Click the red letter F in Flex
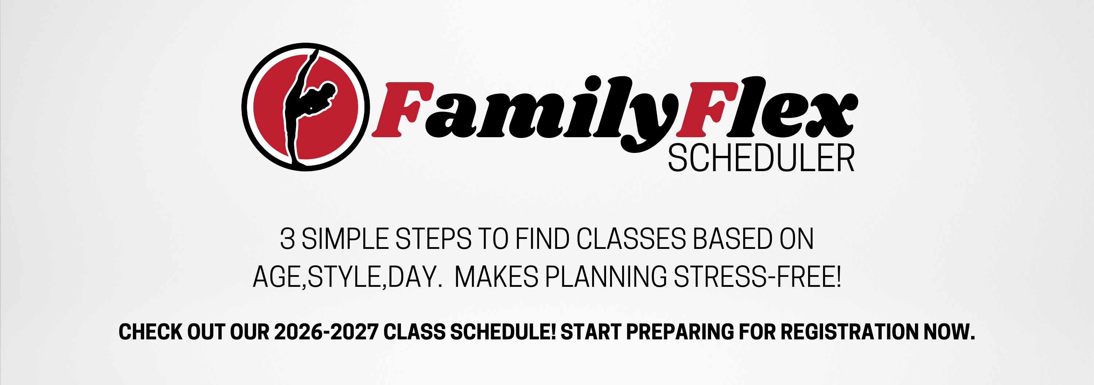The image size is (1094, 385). click(x=707, y=109)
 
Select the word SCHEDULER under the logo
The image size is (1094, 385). click(x=761, y=158)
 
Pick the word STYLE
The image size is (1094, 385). click(x=344, y=277)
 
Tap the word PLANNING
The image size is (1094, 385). click(x=606, y=277)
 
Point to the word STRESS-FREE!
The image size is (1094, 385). click(x=758, y=277)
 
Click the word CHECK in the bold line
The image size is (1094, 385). click(x=150, y=332)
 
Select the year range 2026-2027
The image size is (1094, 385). click(x=326, y=332)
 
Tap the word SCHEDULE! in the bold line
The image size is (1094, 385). click(x=503, y=332)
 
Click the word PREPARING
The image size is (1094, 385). click(x=680, y=332)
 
